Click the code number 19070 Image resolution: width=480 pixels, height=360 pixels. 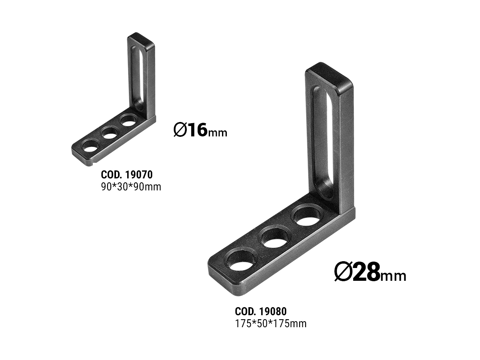point(139,175)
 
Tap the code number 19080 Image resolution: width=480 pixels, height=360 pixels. point(273,312)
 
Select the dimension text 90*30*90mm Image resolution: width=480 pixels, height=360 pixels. point(131,187)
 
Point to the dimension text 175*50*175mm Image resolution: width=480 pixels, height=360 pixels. point(271,324)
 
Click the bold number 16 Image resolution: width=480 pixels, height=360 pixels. point(198,130)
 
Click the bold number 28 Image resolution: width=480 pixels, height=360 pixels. point(366,272)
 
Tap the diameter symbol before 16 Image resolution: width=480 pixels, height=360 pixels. point(180,130)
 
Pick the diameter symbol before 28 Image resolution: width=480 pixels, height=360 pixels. point(343,272)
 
